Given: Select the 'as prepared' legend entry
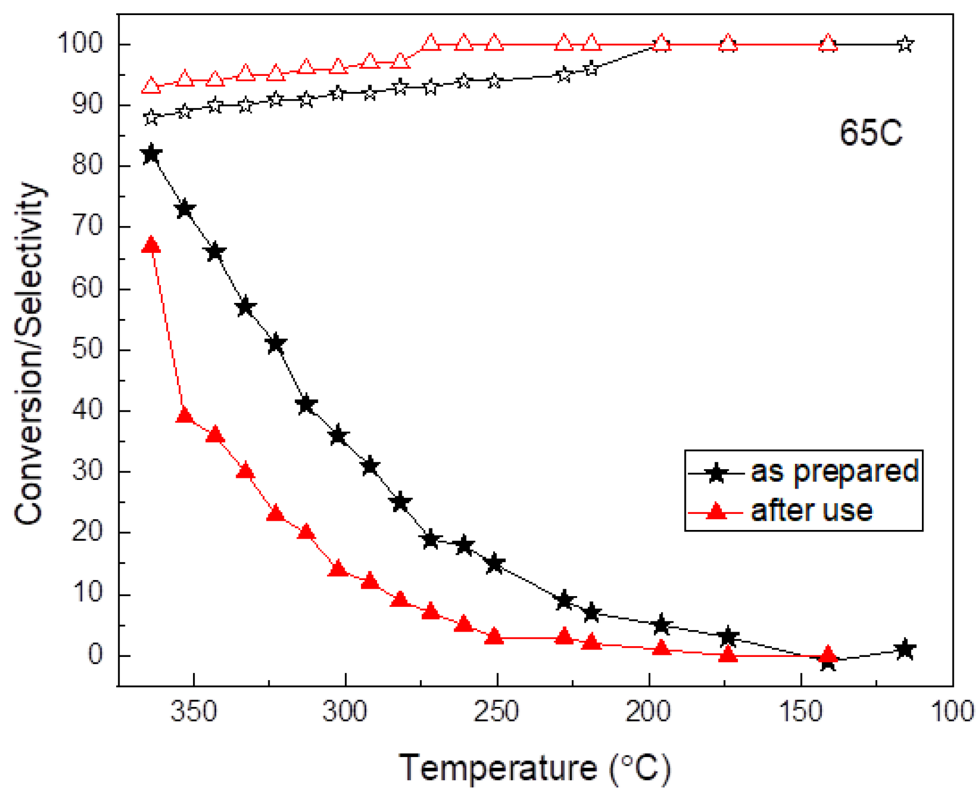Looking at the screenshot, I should pos(833,471).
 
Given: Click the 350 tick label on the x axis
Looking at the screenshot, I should pos(194,711).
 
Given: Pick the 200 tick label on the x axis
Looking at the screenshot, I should pos(649,711).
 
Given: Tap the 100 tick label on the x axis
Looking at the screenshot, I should pos(952,711).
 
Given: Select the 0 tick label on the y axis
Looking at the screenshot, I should pos(95,655).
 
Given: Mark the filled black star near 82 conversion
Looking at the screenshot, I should pos(152,154).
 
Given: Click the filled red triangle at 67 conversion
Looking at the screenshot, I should pos(152,245).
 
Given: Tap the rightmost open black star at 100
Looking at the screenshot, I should pos(905,44).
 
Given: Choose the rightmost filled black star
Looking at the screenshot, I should pos(905,649).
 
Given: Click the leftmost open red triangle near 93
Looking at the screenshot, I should pos(152,86).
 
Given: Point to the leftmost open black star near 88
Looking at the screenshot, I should pos(152,117).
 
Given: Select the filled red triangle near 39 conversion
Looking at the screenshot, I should pos(184,415).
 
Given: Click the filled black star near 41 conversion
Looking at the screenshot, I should pos(306,404).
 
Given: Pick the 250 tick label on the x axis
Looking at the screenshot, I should pos(496,711).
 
